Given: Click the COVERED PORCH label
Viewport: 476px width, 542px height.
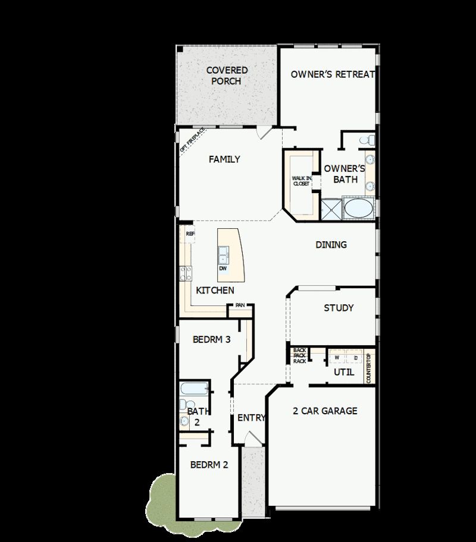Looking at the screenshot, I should [x=227, y=75].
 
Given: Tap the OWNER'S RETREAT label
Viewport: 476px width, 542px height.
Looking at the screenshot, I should [x=333, y=74].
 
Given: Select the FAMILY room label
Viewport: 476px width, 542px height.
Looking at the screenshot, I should [x=224, y=159].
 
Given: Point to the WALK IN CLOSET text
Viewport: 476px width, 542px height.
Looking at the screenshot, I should [x=300, y=181].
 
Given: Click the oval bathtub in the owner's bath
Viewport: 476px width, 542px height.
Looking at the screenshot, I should [x=356, y=209].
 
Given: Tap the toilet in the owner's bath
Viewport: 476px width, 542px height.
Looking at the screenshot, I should [x=369, y=140].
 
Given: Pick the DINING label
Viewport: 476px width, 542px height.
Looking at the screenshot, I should [x=331, y=245].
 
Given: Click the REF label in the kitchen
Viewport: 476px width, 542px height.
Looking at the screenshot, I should [x=190, y=234].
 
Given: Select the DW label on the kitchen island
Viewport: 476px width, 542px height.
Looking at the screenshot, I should [x=223, y=268].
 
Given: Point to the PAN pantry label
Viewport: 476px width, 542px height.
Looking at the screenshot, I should [x=240, y=305].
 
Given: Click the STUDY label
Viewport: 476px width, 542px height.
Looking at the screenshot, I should [x=339, y=308].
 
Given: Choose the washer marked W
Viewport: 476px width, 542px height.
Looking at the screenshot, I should [x=337, y=358].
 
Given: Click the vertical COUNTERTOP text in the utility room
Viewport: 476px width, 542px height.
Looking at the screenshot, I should [x=369, y=368].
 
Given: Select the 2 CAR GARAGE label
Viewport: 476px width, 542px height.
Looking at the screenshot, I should [x=325, y=411].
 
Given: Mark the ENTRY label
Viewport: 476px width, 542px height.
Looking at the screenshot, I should [x=251, y=418].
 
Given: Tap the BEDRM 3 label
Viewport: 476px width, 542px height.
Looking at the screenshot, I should [x=212, y=340].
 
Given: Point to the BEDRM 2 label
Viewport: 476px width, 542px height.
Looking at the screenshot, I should [x=209, y=465].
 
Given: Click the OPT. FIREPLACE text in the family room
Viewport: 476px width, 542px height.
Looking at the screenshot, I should [x=192, y=140].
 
